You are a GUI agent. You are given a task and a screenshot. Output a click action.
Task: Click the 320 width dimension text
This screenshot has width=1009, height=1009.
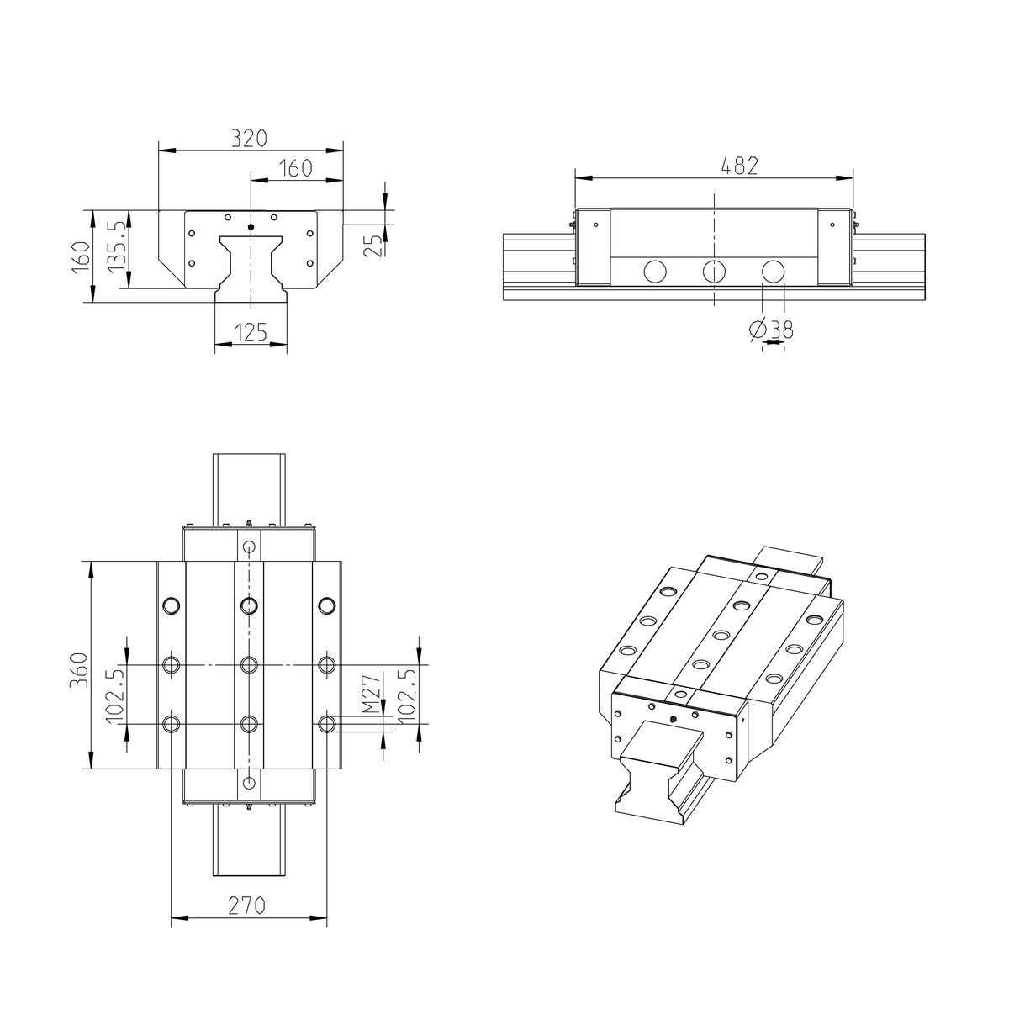[x=250, y=137]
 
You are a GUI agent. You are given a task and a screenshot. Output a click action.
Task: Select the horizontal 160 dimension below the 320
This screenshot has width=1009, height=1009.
[x=295, y=167]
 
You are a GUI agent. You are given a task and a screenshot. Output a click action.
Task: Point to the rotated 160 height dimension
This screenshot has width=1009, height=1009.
[x=80, y=256]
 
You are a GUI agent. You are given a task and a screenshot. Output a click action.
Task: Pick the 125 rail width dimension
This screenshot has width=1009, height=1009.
[x=250, y=332]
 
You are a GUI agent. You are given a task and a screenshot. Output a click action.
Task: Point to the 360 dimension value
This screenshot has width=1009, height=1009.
[x=78, y=669]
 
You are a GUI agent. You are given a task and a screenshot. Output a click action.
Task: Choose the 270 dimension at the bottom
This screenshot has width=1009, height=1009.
[x=248, y=906]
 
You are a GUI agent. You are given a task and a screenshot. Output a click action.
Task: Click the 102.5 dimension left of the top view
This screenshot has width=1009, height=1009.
[x=115, y=695]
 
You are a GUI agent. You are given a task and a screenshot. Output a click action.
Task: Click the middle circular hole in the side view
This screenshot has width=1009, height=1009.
[x=713, y=271]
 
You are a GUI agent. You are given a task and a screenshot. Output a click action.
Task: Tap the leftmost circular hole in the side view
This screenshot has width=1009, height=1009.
[x=654, y=271]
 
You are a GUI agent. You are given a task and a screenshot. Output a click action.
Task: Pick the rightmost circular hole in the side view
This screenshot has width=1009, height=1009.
[x=772, y=271]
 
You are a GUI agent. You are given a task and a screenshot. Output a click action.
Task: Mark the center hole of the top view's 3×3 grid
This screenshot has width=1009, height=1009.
[x=249, y=665]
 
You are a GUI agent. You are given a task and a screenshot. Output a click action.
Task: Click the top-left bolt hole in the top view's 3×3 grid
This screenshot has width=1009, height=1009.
[x=172, y=605]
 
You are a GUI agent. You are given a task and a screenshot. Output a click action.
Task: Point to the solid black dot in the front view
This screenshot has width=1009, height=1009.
[x=251, y=227]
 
